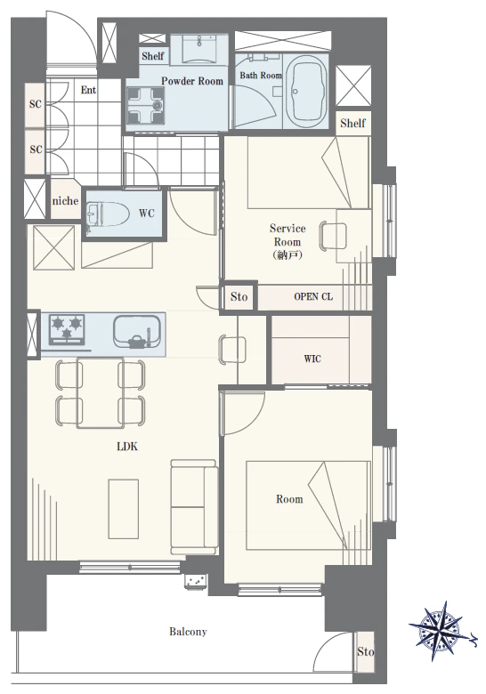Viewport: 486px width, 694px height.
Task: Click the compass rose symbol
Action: pyautogui.click(x=441, y=631)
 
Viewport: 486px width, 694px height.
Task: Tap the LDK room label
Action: pyautogui.click(x=127, y=447)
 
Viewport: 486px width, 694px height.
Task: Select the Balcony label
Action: pyautogui.click(x=188, y=632)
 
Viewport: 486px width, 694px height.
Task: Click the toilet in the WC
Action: pyautogui.click(x=108, y=214)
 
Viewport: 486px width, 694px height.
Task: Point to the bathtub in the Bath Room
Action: pyautogui.click(x=305, y=92)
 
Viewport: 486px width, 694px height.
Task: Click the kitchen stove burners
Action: pyautogui.click(x=67, y=329)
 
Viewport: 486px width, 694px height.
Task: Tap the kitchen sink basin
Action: pyautogui.click(x=137, y=332)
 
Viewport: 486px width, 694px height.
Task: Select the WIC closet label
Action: pyautogui.click(x=312, y=359)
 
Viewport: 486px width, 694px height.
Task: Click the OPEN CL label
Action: pyautogui.click(x=313, y=296)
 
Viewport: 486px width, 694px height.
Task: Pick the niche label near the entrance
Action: pyautogui.click(x=65, y=200)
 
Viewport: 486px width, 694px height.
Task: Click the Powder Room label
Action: pyautogui.click(x=192, y=81)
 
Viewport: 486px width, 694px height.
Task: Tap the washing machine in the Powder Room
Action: pyautogui.click(x=145, y=105)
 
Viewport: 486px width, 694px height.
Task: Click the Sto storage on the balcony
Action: pyautogui.click(x=365, y=651)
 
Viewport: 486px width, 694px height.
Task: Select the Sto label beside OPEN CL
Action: pyautogui.click(x=239, y=296)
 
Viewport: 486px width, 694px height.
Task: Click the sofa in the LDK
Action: pyautogui.click(x=194, y=507)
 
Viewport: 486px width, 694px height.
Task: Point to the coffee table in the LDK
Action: pyautogui.click(x=124, y=509)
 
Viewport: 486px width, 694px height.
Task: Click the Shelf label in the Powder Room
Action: pyautogui.click(x=153, y=56)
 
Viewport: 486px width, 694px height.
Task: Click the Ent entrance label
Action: pyautogui.click(x=88, y=90)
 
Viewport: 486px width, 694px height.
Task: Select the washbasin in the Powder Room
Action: pyautogui.click(x=199, y=49)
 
